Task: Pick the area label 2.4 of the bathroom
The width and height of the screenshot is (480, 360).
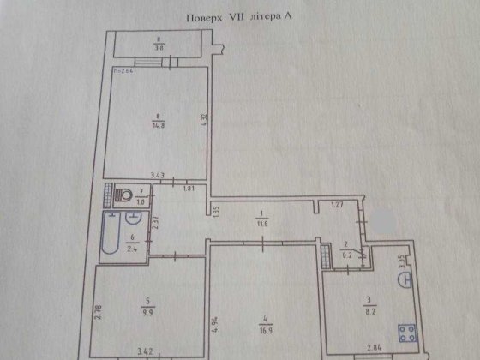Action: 134,252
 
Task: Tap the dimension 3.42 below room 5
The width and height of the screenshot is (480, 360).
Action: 149,351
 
